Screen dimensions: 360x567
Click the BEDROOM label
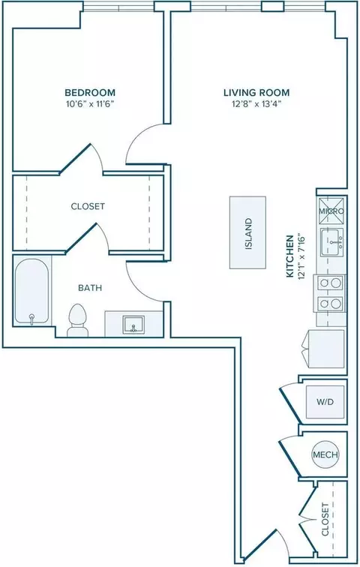tap(90, 92)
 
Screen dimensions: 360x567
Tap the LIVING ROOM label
tap(256, 92)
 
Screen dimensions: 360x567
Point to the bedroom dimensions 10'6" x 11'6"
tap(90, 104)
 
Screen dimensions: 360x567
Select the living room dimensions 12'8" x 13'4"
tap(256, 104)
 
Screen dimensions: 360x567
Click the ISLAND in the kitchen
tap(248, 232)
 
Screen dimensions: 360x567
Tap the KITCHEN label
tap(290, 256)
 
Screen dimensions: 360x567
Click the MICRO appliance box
tap(331, 211)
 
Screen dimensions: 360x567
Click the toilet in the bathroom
tap(78, 320)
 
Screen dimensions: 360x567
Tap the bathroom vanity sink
tap(133, 324)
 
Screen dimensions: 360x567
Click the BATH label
tap(90, 288)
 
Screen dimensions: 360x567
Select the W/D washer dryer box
tap(325, 401)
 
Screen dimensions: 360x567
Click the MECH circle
tap(325, 454)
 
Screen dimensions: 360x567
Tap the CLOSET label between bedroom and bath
tap(88, 206)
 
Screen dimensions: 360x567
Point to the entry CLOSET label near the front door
tap(325, 519)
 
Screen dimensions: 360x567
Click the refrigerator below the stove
tap(324, 349)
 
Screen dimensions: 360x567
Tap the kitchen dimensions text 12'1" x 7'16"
tap(301, 256)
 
